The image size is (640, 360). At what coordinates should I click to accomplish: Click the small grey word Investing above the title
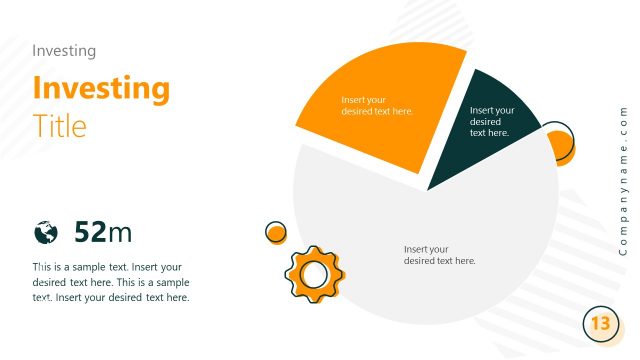point(64,50)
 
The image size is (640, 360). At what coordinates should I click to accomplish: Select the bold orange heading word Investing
point(101,89)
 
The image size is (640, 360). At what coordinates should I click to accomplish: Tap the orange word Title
point(59,126)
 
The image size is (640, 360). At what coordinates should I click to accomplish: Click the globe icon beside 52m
point(45,233)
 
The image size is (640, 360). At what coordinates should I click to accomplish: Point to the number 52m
point(103,233)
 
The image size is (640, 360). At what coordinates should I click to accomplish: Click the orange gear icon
point(314,273)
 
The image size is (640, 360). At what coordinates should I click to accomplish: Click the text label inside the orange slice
point(377,105)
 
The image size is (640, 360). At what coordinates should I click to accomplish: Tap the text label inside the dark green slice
point(492,121)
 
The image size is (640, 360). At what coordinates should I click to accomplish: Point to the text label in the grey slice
point(439,255)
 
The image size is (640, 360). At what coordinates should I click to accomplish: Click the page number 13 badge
point(600,324)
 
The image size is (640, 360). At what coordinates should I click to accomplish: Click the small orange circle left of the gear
point(276,233)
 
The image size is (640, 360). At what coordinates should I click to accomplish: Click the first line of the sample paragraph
point(107,267)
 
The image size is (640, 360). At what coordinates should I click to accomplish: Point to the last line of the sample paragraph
point(110,297)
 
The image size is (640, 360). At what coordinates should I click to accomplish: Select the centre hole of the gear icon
point(314,273)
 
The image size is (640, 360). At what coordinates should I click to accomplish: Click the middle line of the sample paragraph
point(110,282)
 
